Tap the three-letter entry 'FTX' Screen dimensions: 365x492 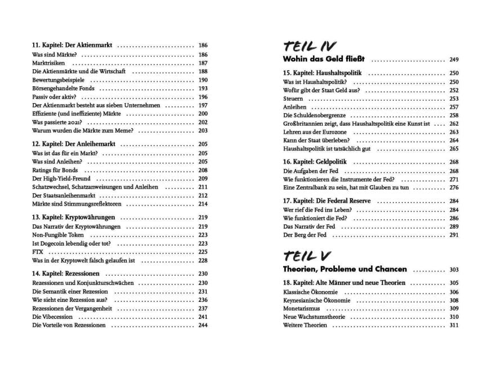coord(38,252)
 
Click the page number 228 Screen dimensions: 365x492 coord(203,260)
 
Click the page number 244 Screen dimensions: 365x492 coord(203,325)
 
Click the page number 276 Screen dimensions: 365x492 coord(454,188)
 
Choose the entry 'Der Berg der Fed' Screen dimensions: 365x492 coord(305,235)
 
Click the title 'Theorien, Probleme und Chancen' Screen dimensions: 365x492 coord(345,270)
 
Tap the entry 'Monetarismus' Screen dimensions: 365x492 coord(301,309)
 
